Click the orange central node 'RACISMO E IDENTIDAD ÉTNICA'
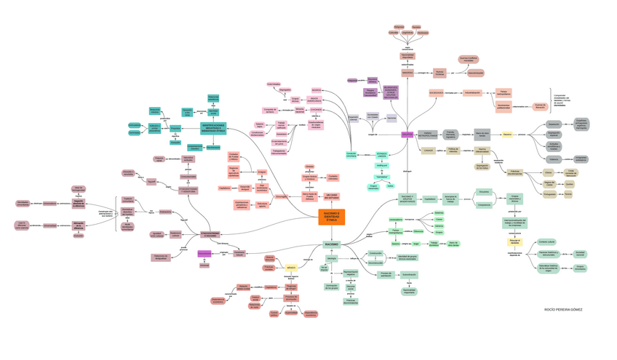[x=331, y=217]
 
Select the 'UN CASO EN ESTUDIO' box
[x=332, y=196]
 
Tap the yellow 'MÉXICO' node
[x=291, y=267]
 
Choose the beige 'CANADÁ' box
[x=429, y=151]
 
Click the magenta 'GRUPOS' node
[x=407, y=135]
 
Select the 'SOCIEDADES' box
[x=437, y=93]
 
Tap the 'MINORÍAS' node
[x=407, y=73]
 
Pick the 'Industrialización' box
[x=473, y=92]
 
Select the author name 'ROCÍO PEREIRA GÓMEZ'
[x=563, y=309]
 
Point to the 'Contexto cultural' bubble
[x=546, y=241]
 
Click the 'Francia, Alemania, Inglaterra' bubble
[x=450, y=135]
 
